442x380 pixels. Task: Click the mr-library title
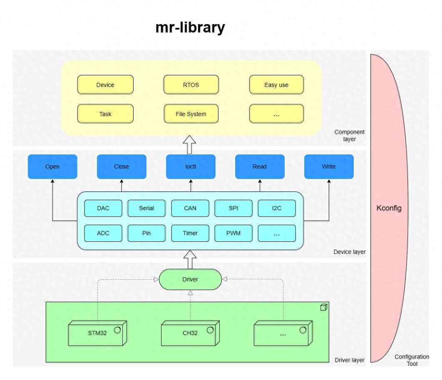click(x=190, y=27)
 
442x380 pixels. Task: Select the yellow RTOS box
click(x=191, y=85)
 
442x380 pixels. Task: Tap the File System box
click(x=191, y=114)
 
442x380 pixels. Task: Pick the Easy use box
click(x=276, y=85)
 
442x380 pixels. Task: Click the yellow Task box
click(x=105, y=114)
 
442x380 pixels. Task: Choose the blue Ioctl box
click(x=191, y=166)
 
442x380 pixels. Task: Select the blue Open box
click(x=52, y=166)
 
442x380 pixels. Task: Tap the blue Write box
click(x=329, y=166)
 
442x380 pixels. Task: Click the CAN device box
click(x=190, y=208)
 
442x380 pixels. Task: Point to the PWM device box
click(x=233, y=233)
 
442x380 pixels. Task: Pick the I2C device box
click(x=277, y=208)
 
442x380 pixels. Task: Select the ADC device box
click(x=103, y=233)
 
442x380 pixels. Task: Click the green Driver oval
click(x=190, y=279)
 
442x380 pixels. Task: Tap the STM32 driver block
click(x=97, y=333)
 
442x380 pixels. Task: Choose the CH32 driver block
click(x=190, y=333)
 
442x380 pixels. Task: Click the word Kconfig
click(x=389, y=208)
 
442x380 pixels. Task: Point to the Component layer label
click(x=350, y=136)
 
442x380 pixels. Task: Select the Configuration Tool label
click(x=412, y=360)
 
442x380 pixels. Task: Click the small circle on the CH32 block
click(x=210, y=330)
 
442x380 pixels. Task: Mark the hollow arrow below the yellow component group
click(x=190, y=145)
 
